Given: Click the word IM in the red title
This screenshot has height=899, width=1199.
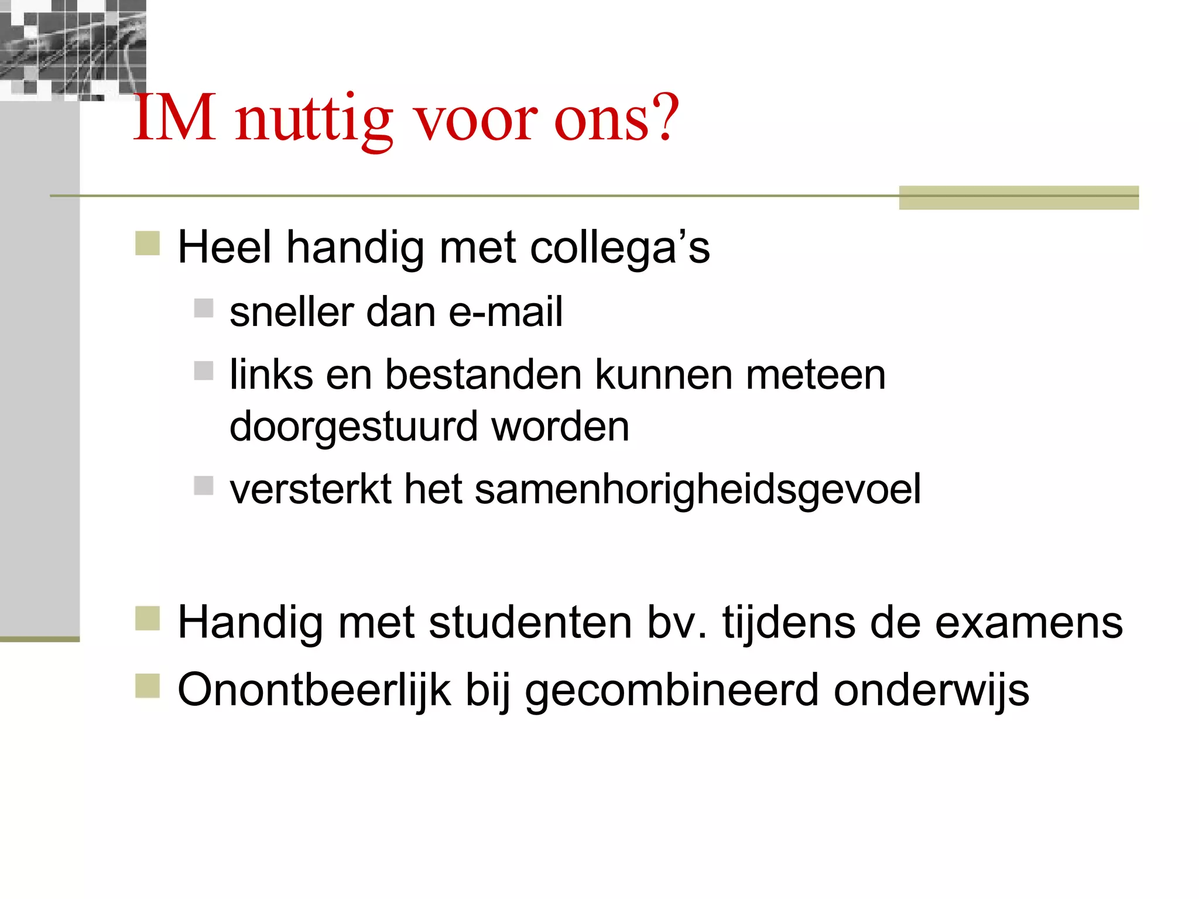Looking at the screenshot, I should click(x=174, y=119).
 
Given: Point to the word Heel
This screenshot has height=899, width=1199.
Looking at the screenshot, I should click(x=225, y=247).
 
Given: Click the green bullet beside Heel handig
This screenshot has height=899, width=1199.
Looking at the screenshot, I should click(x=148, y=243).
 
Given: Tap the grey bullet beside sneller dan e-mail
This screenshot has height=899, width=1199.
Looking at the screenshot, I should click(x=204, y=308).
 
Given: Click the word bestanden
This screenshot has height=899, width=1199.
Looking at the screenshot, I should click(x=483, y=375).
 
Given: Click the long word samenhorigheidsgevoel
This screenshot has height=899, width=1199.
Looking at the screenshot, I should click(x=697, y=489).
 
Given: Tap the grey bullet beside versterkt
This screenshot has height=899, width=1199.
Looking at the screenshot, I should click(x=204, y=485).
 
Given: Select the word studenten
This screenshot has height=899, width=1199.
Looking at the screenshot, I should click(x=530, y=622).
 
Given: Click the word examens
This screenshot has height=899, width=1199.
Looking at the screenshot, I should click(x=1029, y=622).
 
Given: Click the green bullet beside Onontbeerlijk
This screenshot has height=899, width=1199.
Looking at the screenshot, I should click(x=148, y=686).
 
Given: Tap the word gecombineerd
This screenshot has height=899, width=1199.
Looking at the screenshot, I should click(x=672, y=691).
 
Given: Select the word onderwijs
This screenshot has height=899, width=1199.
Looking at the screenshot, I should click(x=931, y=690).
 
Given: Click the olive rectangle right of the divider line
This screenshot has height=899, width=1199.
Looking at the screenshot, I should click(x=1019, y=197).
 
